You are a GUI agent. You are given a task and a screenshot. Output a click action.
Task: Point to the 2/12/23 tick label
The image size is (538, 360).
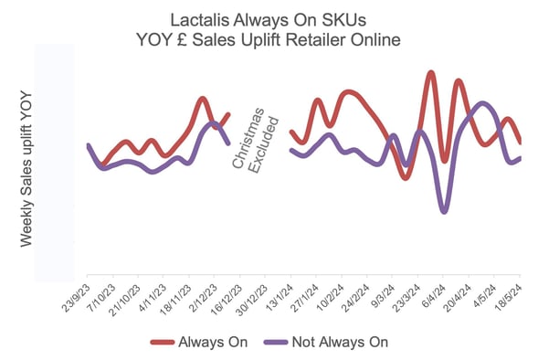tap(202, 295)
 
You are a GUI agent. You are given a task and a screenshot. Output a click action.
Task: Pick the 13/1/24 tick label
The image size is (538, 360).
tap(278, 295)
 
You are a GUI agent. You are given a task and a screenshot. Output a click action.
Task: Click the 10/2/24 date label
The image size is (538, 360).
tap(329, 295)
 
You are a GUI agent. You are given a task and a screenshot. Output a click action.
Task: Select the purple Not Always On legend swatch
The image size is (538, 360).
tap(271, 342)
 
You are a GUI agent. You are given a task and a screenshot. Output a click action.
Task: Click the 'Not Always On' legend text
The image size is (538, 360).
tap(340, 342)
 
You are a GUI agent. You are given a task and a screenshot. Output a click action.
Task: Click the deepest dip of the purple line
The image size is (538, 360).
tap(443, 211)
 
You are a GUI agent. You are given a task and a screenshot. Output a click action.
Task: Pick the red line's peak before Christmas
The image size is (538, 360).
tap(202, 98)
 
